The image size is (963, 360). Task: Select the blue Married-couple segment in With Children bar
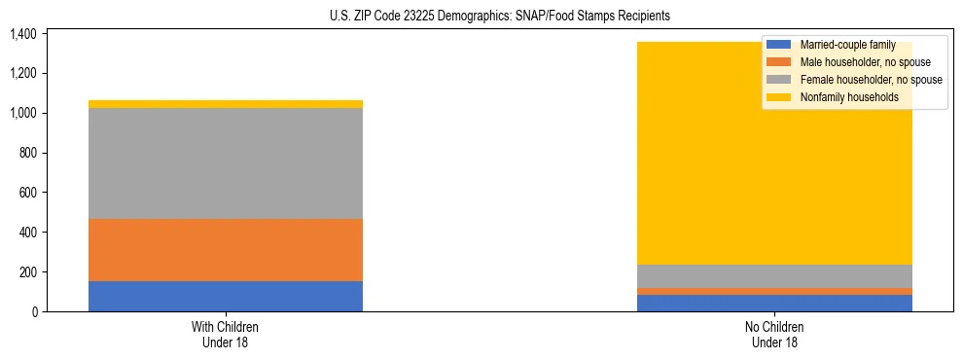226,296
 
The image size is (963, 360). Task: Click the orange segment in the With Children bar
226,250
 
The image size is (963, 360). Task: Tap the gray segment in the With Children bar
226,163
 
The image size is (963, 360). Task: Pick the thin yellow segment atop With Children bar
226,104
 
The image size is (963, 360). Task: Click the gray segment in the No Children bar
774,276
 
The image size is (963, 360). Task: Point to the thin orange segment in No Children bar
774,291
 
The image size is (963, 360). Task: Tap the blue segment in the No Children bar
774,303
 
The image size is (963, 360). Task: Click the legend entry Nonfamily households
841,97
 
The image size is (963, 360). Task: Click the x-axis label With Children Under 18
226,334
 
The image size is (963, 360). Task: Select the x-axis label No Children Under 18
774,334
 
